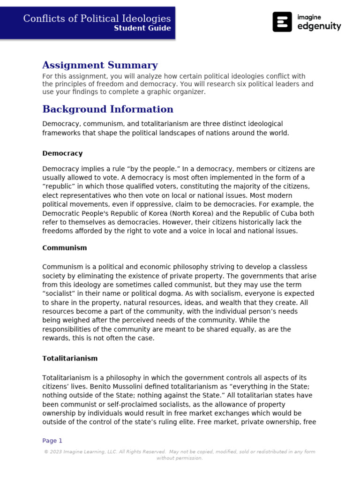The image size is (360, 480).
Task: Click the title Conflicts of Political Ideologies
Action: (x=97, y=18)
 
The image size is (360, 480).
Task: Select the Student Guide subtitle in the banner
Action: (x=142, y=28)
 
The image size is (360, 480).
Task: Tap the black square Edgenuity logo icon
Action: (x=282, y=22)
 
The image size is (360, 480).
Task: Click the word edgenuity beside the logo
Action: (x=319, y=27)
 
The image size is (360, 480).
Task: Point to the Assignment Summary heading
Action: (x=100, y=65)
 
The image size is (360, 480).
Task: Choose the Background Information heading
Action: (x=108, y=109)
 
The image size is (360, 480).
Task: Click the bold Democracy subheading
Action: (x=62, y=153)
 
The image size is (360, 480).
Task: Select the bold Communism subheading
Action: (x=65, y=248)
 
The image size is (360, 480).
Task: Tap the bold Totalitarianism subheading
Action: (x=70, y=359)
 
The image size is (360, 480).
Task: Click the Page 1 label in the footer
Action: (x=52, y=441)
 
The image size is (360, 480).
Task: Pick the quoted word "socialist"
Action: (x=60, y=294)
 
